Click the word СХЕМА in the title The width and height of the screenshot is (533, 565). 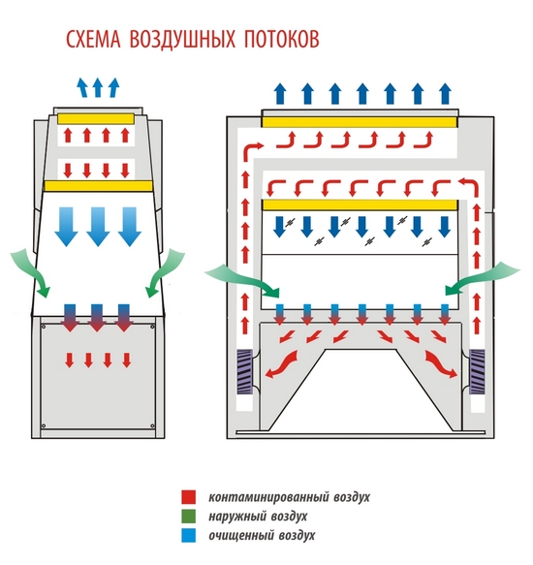point(93,39)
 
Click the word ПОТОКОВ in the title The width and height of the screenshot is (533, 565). point(281,39)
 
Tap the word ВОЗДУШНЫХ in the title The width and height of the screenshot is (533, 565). point(182,39)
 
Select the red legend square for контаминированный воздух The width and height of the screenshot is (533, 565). point(188,497)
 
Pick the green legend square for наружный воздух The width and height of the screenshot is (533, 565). point(188,516)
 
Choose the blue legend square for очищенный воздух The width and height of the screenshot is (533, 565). point(188,535)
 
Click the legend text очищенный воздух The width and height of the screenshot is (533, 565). point(262,536)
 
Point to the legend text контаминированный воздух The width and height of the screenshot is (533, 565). point(289,497)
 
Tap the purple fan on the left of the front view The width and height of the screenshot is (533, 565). point(244,371)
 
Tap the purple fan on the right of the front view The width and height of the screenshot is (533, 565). point(477,371)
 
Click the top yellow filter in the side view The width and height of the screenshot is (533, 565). point(96,119)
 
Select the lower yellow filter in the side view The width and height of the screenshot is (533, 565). point(99,186)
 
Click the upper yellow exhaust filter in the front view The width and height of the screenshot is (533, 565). point(360,122)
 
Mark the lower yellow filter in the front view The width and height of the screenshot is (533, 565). point(360,205)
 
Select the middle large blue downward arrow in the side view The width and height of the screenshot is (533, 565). point(98,226)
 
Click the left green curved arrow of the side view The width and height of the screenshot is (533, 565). point(32,272)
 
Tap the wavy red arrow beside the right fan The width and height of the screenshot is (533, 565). point(441,364)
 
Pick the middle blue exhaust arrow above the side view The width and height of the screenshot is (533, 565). point(97,87)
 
